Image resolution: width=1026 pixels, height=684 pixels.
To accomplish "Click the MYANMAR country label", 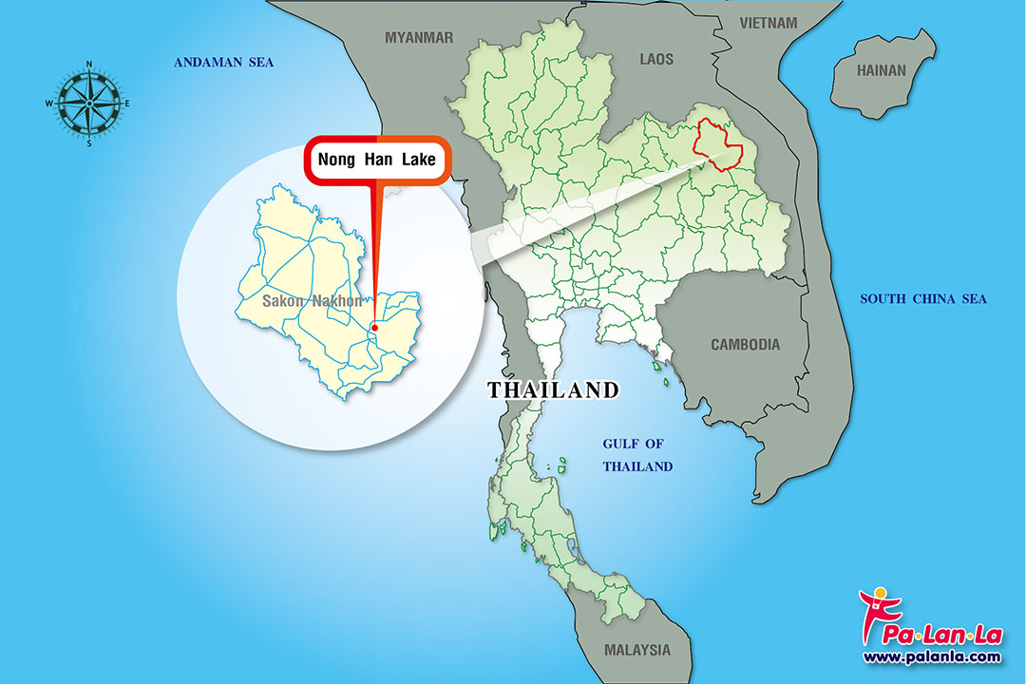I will (419, 37).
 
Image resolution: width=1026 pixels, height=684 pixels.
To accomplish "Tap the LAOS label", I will (655, 59).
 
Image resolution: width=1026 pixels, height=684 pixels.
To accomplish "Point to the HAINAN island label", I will (882, 70).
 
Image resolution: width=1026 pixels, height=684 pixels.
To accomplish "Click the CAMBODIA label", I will (746, 345).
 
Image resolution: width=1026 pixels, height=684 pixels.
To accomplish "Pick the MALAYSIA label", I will (636, 651).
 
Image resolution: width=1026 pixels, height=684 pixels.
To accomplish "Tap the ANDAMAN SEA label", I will (223, 63).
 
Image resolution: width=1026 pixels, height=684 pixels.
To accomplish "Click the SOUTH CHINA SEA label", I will (923, 299).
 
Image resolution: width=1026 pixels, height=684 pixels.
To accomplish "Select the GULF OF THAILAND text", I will (638, 455).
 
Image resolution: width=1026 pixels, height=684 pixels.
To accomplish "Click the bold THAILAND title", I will (553, 389).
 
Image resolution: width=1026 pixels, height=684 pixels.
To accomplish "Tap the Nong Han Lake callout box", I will (377, 160).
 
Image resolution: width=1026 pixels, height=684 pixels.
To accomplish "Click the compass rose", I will (89, 103).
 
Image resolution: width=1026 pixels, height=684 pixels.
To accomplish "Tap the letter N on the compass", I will (89, 65).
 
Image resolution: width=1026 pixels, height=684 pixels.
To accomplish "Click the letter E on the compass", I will (127, 104).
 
